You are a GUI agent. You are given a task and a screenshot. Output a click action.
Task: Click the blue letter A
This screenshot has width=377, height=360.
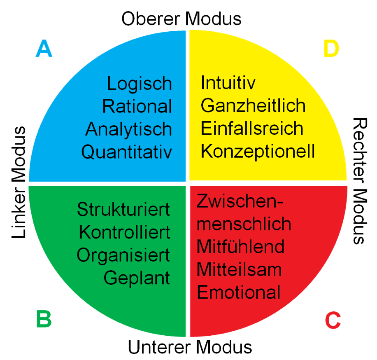point(44,49)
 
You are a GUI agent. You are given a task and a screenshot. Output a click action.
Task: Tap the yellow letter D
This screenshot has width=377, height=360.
point(331,49)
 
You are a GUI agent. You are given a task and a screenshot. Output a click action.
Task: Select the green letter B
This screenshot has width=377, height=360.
point(44,319)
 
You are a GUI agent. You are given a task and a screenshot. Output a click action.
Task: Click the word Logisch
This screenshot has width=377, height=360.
point(139,84)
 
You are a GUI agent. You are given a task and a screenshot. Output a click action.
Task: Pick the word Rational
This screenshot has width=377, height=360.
point(137,107)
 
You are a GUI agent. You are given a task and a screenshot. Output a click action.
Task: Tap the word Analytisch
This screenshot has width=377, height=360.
point(128,130)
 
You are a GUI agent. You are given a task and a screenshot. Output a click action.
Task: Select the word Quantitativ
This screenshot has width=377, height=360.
point(126,152)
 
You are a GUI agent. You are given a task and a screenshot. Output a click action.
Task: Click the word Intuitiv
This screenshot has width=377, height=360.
point(228,83)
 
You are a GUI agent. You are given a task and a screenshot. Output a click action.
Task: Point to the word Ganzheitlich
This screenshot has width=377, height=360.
point(253,106)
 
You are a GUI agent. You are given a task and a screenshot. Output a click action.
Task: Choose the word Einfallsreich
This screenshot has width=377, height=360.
point(252,129)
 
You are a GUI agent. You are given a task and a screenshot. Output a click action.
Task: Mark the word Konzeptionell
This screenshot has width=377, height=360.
point(258,152)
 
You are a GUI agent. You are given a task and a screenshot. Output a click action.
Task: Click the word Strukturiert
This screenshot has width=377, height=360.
point(123,209)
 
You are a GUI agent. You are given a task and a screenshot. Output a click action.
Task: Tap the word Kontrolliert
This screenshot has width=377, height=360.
point(124,232)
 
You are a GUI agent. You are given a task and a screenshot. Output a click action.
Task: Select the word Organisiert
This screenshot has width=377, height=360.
point(123,255)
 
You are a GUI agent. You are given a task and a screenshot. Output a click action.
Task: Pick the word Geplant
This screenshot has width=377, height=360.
point(137,278)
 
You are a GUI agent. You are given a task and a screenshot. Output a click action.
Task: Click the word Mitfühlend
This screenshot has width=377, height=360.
point(240,247)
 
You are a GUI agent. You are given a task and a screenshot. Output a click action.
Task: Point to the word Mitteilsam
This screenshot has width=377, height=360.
point(239,270)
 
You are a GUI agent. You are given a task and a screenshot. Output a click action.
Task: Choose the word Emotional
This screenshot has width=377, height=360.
point(239,292)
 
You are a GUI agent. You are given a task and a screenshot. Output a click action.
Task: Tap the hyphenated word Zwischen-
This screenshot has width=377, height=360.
point(240,202)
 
